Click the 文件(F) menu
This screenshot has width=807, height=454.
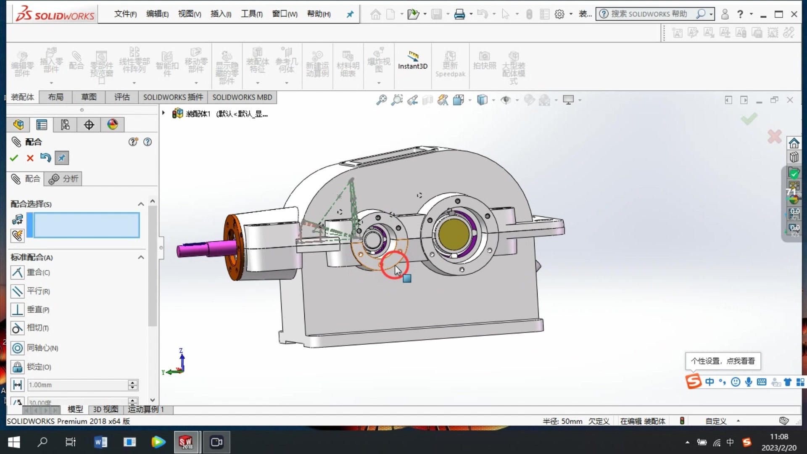pyautogui.click(x=125, y=14)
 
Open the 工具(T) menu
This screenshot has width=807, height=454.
pyautogui.click(x=251, y=14)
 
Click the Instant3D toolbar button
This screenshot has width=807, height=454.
pyautogui.click(x=412, y=61)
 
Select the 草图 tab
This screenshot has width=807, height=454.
pyautogui.click(x=89, y=97)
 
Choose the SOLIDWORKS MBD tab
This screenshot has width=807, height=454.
pyautogui.click(x=242, y=97)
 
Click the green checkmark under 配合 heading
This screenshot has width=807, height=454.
pyautogui.click(x=14, y=158)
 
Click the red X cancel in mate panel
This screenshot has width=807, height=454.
pyautogui.click(x=30, y=158)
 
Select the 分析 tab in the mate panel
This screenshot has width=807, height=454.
pyautogui.click(x=64, y=179)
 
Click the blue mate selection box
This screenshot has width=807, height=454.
pyautogui.click(x=86, y=225)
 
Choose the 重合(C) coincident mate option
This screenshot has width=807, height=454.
pyautogui.click(x=38, y=272)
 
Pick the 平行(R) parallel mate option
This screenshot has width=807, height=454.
pyautogui.click(x=38, y=291)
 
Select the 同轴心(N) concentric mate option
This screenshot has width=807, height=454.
pyautogui.click(x=42, y=348)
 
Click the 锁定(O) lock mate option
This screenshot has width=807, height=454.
pyautogui.click(x=39, y=367)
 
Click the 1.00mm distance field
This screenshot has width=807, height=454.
pyautogui.click(x=77, y=385)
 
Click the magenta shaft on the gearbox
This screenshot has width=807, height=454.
pyautogui.click(x=202, y=249)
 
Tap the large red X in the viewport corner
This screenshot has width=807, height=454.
pyautogui.click(x=774, y=137)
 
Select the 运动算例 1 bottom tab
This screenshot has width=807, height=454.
pyautogui.click(x=145, y=409)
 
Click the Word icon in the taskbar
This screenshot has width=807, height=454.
pyautogui.click(x=100, y=442)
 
